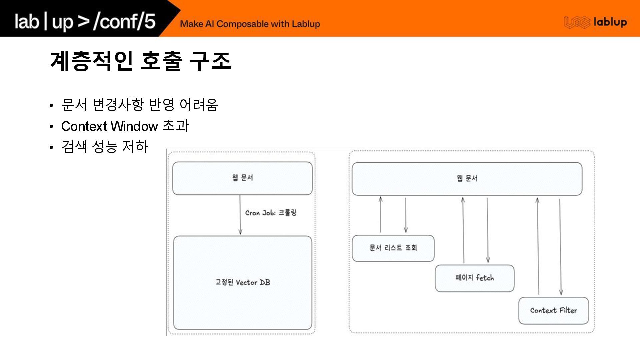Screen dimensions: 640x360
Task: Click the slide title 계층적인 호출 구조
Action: [x=140, y=61]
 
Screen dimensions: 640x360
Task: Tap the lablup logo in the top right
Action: [x=595, y=22]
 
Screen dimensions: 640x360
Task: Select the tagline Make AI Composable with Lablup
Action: [x=250, y=24]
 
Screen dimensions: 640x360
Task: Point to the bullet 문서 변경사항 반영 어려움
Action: [x=139, y=105]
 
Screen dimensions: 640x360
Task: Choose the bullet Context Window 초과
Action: [x=125, y=126]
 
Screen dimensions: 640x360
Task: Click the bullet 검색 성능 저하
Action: [x=105, y=147]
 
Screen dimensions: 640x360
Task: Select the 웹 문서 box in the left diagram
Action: [x=242, y=178]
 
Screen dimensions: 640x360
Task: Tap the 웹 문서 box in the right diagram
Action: [x=467, y=179]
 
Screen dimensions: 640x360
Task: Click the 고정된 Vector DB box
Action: [x=243, y=283]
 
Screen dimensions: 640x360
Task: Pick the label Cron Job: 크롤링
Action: [x=271, y=213]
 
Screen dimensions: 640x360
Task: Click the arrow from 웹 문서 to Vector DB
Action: [x=240, y=215]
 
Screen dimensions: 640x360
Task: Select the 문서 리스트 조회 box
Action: [x=393, y=248]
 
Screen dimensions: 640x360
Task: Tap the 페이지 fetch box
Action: [x=474, y=278]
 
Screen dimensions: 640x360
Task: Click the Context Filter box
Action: [x=553, y=311]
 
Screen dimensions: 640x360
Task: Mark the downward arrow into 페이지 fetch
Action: [x=488, y=230]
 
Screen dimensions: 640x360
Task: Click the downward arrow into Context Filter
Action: [x=560, y=247]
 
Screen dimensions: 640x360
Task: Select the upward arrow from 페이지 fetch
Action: [x=463, y=230]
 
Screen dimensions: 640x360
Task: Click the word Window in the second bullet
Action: [x=134, y=126]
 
